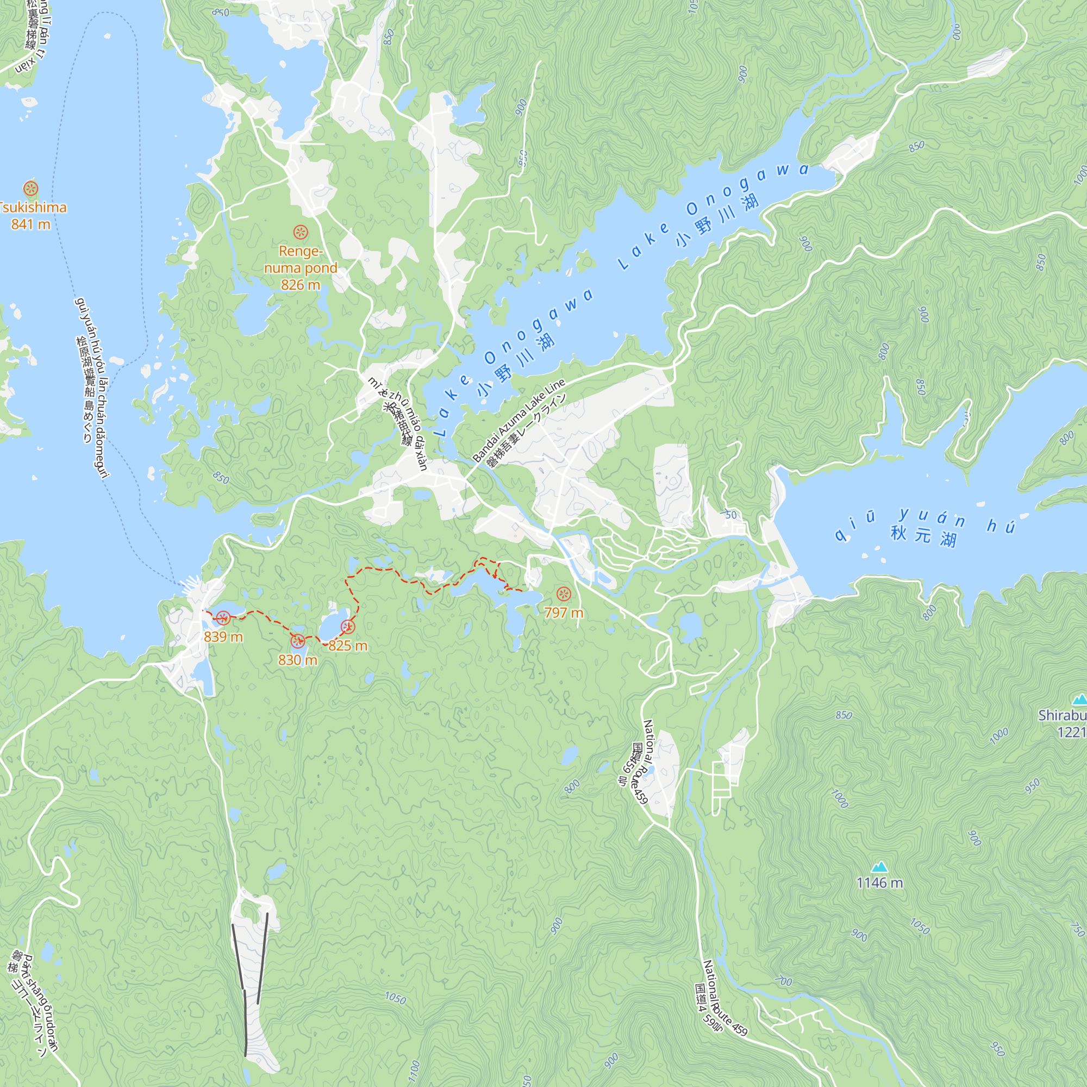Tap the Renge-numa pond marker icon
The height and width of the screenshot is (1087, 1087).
pyautogui.click(x=301, y=232)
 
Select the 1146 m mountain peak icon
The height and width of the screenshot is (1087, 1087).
pyautogui.click(x=879, y=866)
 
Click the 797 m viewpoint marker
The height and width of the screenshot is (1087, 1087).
pyautogui.click(x=563, y=594)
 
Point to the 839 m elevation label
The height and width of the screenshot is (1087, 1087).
pyautogui.click(x=223, y=636)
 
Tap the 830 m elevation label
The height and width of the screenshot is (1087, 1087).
pyautogui.click(x=298, y=660)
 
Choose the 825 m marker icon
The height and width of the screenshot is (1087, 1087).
pyautogui.click(x=348, y=626)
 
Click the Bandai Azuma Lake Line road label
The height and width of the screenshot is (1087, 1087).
pyautogui.click(x=518, y=420)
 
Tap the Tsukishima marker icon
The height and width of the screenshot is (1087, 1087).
pyautogui.click(x=30, y=188)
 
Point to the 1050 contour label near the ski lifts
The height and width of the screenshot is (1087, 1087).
pyautogui.click(x=395, y=998)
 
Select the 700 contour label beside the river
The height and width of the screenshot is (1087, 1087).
pyautogui.click(x=783, y=980)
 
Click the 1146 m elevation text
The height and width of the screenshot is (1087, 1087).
pyautogui.click(x=879, y=883)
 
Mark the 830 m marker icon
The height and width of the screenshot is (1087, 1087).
pyautogui.click(x=298, y=640)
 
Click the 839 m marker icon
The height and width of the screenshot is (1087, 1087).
pyautogui.click(x=223, y=619)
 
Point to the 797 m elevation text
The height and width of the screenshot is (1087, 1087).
pyautogui.click(x=563, y=613)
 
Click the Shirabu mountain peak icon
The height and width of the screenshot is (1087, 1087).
pyautogui.click(x=1079, y=700)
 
